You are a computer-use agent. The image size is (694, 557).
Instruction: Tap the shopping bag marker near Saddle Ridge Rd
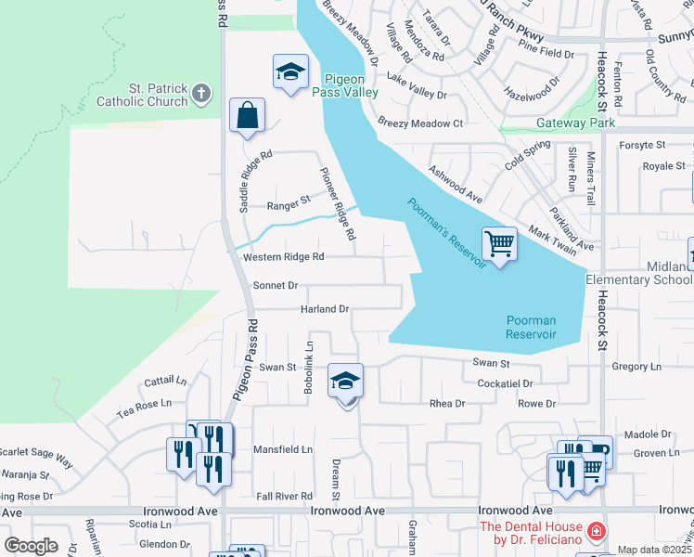(248, 117)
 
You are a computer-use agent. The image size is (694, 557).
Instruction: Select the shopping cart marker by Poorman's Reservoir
(499, 245)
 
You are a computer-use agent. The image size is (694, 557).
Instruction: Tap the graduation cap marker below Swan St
(345, 382)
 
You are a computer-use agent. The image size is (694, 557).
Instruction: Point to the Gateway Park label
(576, 123)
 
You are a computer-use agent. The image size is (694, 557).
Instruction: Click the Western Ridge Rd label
(283, 257)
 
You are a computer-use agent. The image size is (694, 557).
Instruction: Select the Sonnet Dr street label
(275, 286)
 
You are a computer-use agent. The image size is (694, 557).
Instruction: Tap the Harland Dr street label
(324, 309)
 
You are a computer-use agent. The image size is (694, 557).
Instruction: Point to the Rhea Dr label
(447, 404)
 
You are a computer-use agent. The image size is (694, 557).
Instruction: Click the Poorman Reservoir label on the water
(531, 328)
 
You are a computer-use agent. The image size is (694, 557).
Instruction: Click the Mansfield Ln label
(283, 449)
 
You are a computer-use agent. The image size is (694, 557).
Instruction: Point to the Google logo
(31, 546)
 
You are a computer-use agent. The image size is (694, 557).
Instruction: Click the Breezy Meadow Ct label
(420, 123)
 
